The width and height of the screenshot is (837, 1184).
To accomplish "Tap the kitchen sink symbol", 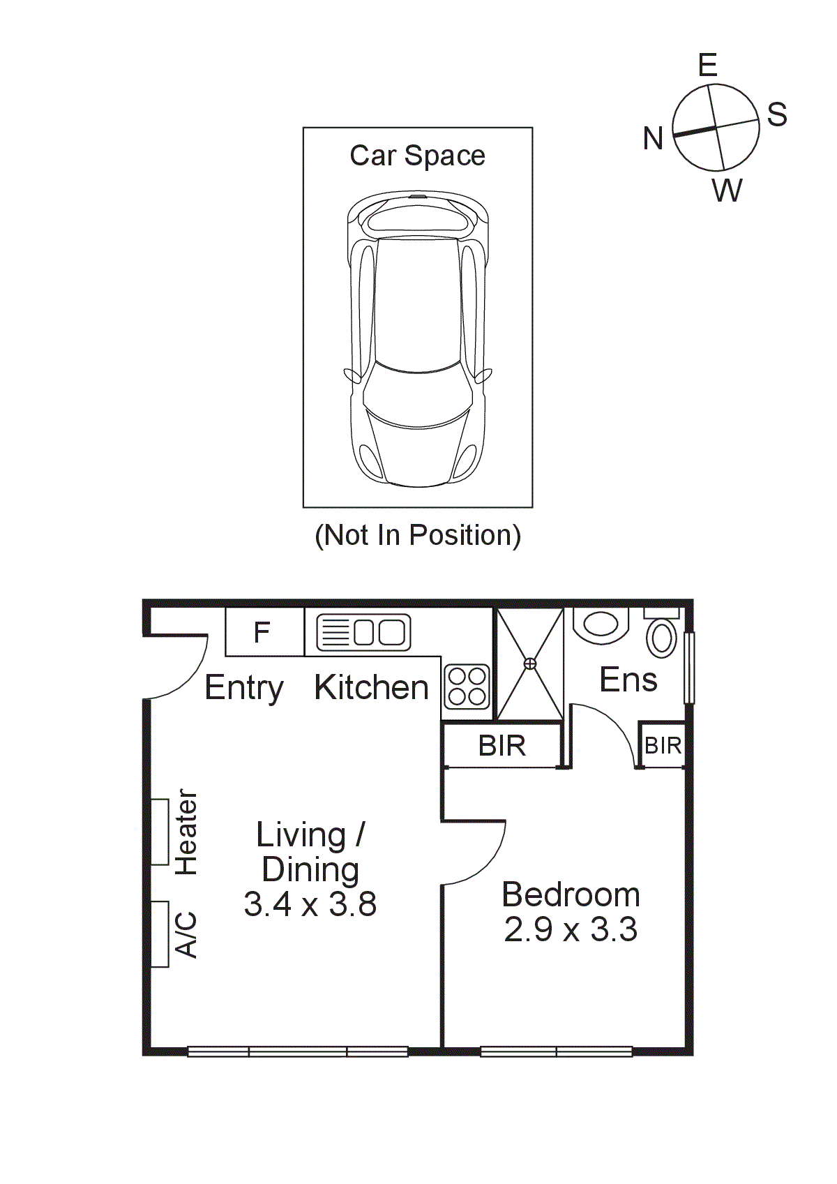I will tap(363, 632).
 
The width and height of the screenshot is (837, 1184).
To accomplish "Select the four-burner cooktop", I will tap(467, 686).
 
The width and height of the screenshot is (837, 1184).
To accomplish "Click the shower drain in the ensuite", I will tap(530, 663).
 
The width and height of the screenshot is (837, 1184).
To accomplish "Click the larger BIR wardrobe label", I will tap(502, 746).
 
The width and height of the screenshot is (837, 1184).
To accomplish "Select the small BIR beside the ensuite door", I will tap(662, 746).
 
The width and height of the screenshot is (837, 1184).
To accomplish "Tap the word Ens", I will tap(628, 680).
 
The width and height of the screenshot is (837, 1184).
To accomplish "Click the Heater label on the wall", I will tap(186, 832).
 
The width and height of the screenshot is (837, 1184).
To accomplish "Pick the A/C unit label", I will tap(186, 934).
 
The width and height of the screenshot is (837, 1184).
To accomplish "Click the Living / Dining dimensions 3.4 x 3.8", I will tap(310, 904).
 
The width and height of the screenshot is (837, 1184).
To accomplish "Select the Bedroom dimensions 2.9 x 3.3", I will tap(571, 929).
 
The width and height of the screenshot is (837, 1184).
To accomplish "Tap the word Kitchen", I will tap(371, 687).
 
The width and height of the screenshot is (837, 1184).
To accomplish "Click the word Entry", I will tap(244, 688).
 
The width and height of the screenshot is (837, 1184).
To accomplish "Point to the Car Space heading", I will tap(417, 156).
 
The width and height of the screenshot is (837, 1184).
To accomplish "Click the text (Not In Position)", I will tap(418, 535).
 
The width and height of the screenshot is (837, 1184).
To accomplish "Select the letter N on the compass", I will tap(653, 138).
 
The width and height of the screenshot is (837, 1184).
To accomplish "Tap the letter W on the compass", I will tap(727, 190).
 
